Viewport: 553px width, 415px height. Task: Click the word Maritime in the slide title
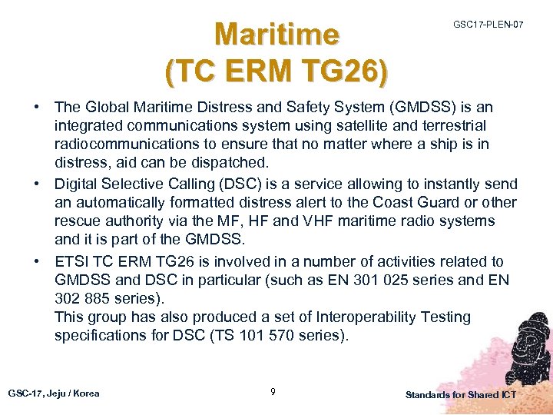pyautogui.click(x=276, y=35)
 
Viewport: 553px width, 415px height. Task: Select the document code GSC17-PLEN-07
pyautogui.click(x=488, y=25)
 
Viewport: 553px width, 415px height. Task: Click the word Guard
pyautogui.click(x=437, y=203)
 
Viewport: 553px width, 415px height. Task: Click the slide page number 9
pyautogui.click(x=273, y=393)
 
